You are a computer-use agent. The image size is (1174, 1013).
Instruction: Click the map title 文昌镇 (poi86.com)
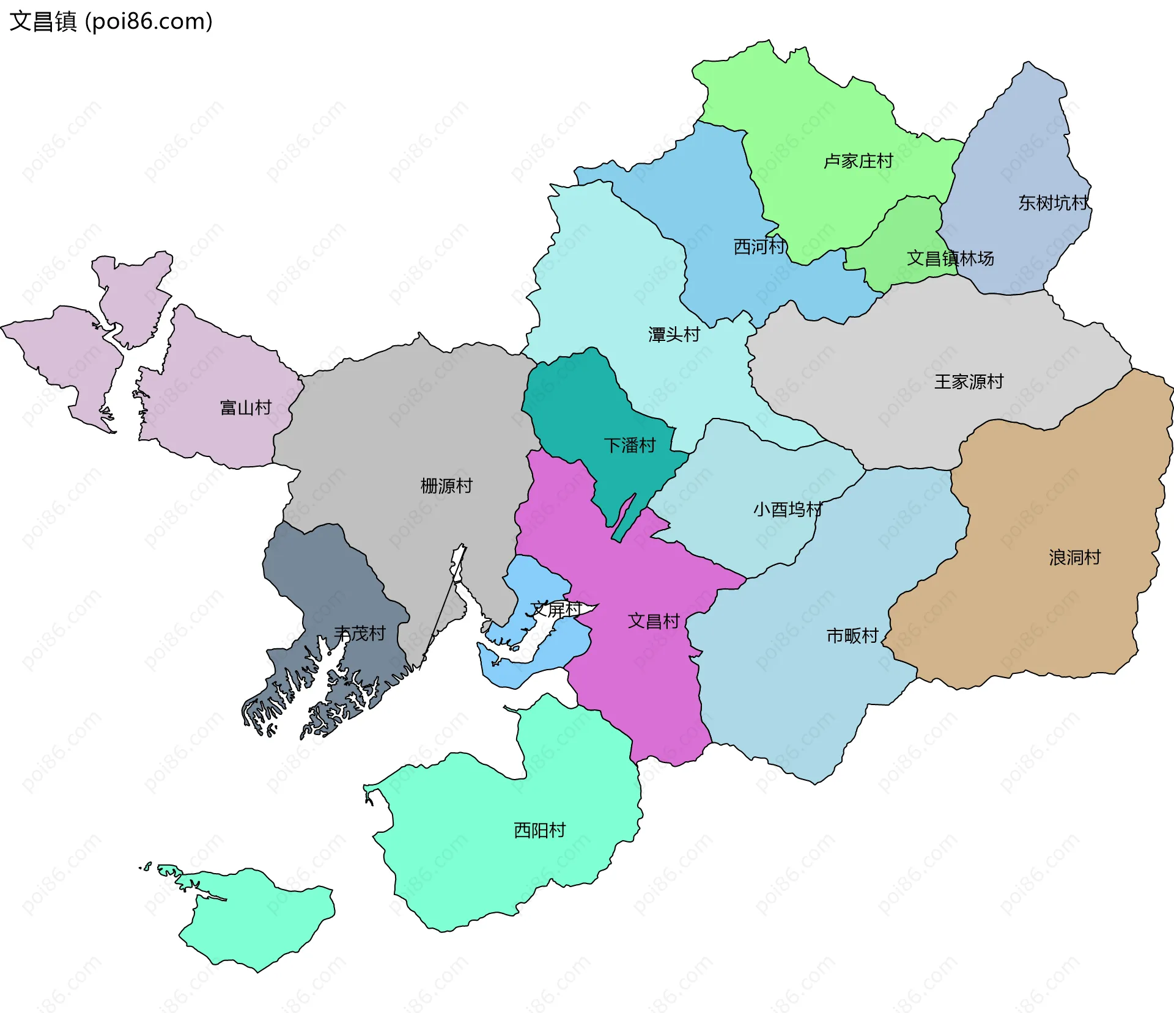click(111, 21)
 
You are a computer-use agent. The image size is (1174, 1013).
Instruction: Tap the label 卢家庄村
click(858, 161)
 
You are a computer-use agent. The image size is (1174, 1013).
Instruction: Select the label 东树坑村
click(1053, 203)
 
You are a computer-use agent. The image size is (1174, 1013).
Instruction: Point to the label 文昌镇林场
click(950, 258)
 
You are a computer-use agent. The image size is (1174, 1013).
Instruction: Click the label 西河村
click(759, 247)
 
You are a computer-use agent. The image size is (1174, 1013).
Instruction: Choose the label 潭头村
click(674, 335)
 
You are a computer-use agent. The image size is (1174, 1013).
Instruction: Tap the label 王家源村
click(969, 382)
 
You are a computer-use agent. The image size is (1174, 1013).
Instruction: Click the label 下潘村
click(629, 445)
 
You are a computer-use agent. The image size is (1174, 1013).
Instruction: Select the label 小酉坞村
click(788, 509)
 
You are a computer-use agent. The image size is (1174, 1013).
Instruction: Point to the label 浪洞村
click(1074, 557)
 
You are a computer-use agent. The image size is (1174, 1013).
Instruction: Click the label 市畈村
click(852, 636)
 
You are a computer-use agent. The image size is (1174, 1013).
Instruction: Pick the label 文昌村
click(654, 621)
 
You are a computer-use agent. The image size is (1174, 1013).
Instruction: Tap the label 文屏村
click(555, 609)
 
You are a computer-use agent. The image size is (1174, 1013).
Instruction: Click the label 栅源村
click(446, 486)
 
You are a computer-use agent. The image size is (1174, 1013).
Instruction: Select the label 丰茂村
click(360, 634)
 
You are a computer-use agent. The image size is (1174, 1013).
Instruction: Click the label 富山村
click(245, 408)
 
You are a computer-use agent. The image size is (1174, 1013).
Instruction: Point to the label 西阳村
click(539, 830)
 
